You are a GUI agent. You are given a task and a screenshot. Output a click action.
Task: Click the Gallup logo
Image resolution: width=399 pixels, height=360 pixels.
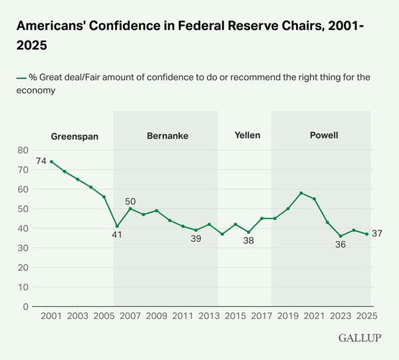tap(360, 338)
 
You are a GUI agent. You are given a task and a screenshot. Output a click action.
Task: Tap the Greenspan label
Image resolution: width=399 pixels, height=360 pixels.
tap(74, 136)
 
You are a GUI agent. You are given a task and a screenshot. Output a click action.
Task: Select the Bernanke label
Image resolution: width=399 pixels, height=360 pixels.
tap(168, 136)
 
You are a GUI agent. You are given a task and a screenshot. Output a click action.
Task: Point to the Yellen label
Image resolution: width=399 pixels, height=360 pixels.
tap(247, 136)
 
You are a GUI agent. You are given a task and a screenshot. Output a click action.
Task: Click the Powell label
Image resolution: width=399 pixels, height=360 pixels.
tap(324, 136)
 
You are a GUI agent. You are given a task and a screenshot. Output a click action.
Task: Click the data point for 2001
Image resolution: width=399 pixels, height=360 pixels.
tap(51, 161)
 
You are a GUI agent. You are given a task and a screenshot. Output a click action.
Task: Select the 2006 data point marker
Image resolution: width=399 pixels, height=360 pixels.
tap(117, 226)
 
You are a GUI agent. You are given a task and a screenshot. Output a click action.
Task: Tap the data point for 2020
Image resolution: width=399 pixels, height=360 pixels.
tap(301, 193)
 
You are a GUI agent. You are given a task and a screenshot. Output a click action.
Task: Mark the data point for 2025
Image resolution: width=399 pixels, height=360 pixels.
tap(366, 234)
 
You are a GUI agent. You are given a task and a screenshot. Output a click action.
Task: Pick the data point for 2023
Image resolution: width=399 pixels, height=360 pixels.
tap(340, 236)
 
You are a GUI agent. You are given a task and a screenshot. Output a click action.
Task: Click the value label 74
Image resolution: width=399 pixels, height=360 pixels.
tap(41, 161)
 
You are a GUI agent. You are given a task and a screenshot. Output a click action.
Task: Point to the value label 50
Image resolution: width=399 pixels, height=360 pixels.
tap(130, 201)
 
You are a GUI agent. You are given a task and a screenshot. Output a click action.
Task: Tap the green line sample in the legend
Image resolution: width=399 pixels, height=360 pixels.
tap(21, 78)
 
